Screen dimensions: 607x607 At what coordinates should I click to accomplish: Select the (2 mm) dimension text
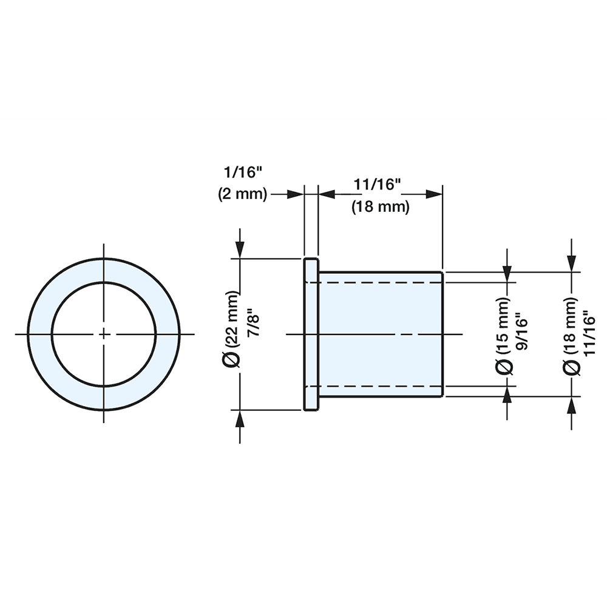(x=243, y=194)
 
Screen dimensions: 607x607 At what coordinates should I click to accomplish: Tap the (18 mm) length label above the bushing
(x=381, y=206)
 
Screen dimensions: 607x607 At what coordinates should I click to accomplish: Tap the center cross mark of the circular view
(x=104, y=334)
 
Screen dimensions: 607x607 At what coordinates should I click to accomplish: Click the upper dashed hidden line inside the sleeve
(x=379, y=282)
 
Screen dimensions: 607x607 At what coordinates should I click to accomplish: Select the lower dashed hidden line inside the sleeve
(x=379, y=385)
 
